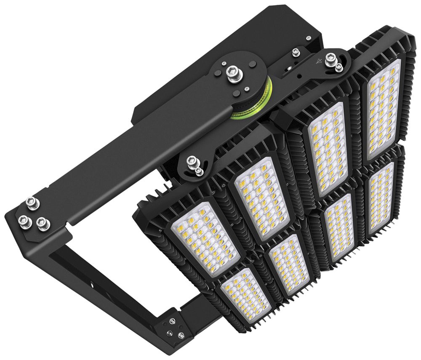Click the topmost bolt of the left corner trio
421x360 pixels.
pos(32,203)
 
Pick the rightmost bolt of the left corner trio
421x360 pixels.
pos(42,223)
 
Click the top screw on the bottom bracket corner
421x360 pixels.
pos(172,321)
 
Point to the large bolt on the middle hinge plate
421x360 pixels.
pos(192,161)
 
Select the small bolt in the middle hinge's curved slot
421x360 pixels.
pos(199,171)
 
